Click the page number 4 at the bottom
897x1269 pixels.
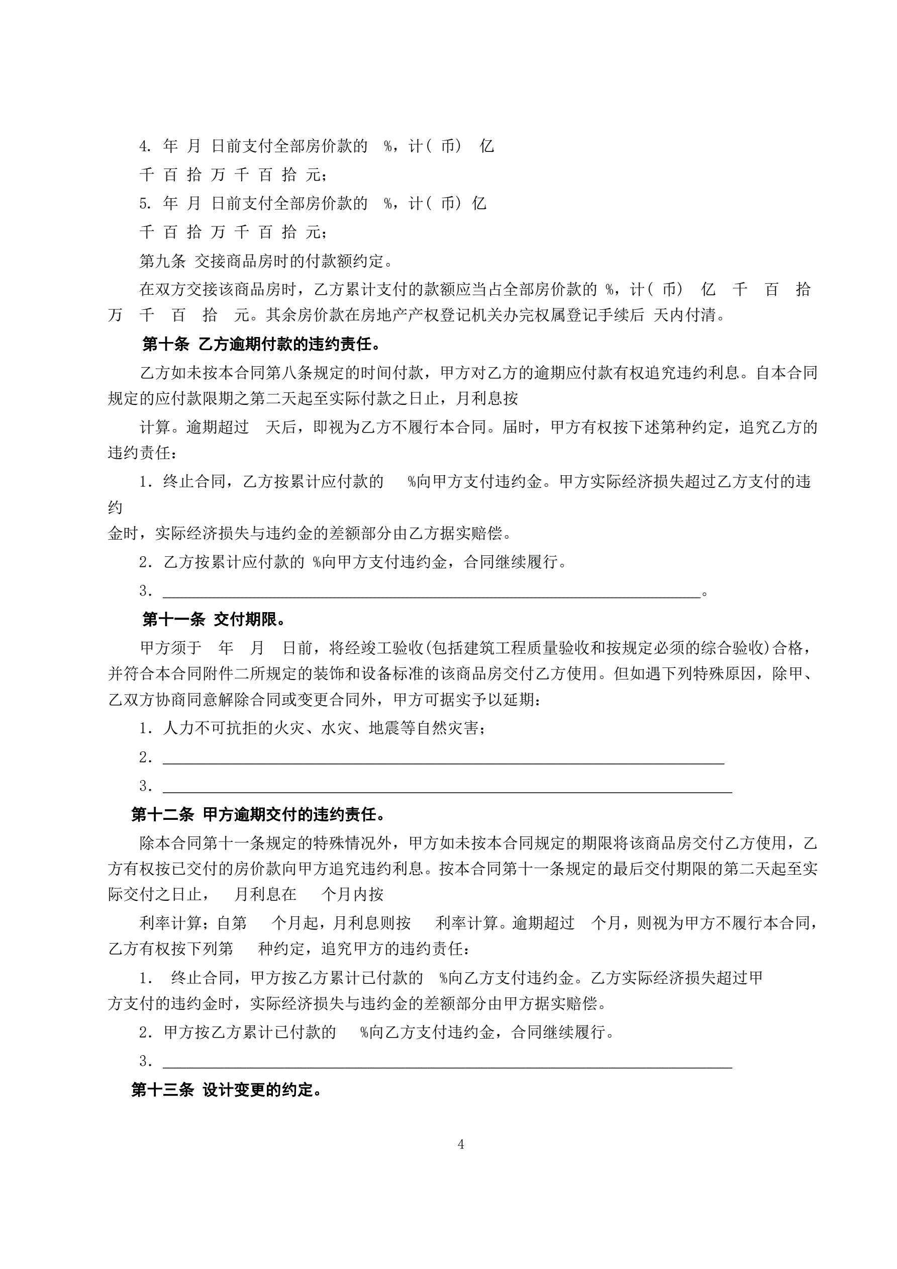point(461,1144)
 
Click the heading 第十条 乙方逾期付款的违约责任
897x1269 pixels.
point(261,345)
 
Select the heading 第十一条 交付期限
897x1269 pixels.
point(214,619)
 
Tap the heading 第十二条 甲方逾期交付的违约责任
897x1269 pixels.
point(258,814)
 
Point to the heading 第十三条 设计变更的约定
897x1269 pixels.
point(227,1089)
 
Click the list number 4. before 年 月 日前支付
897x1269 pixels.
point(145,146)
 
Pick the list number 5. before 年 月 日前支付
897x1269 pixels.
point(145,204)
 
